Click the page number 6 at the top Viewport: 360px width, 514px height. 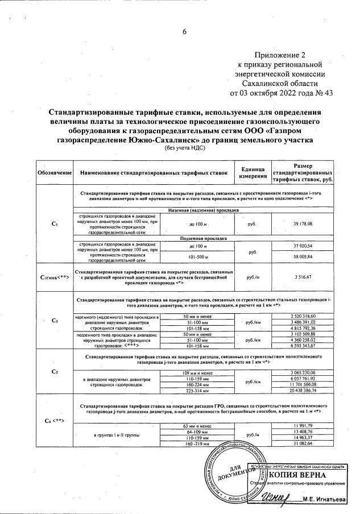(x=184, y=31)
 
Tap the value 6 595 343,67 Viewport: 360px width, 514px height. (x=303, y=345)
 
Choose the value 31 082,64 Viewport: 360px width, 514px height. (x=303, y=443)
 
